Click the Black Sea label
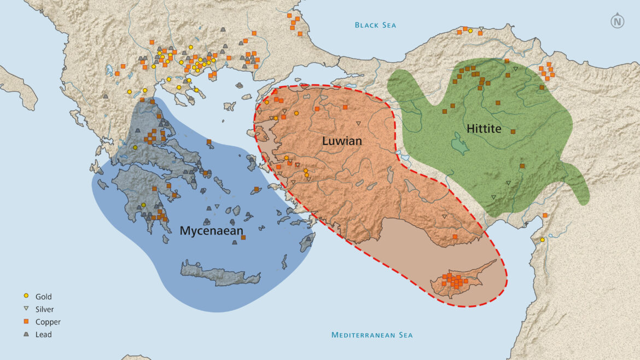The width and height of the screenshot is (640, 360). pyautogui.click(x=375, y=25)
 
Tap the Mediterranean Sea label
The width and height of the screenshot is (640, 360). pyautogui.click(x=372, y=335)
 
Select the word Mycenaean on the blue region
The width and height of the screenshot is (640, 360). pyautogui.click(x=211, y=231)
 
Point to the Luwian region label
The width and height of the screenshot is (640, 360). pyautogui.click(x=342, y=141)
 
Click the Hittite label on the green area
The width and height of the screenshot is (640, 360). pyautogui.click(x=484, y=128)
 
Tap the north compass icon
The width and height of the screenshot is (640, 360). pyautogui.click(x=617, y=22)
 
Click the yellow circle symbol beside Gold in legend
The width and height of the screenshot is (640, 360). pyautogui.click(x=26, y=297)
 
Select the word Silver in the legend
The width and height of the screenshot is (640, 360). pyautogui.click(x=44, y=309)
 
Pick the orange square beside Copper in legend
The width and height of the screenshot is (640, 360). pyautogui.click(x=26, y=322)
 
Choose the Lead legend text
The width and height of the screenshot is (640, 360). pyautogui.click(x=43, y=334)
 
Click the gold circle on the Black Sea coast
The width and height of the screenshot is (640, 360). pyautogui.click(x=470, y=31)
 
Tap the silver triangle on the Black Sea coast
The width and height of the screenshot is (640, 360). pyautogui.click(x=481, y=28)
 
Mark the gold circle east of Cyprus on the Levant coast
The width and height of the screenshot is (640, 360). pyautogui.click(x=542, y=240)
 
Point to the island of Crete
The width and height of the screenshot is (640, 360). pyautogui.click(x=219, y=274)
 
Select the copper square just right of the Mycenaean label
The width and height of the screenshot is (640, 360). pyautogui.click(x=243, y=237)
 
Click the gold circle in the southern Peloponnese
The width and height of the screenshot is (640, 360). pyautogui.click(x=143, y=205)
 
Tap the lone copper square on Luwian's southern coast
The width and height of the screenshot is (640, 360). pyautogui.click(x=455, y=236)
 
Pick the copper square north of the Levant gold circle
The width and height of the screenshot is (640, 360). pyautogui.click(x=545, y=216)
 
